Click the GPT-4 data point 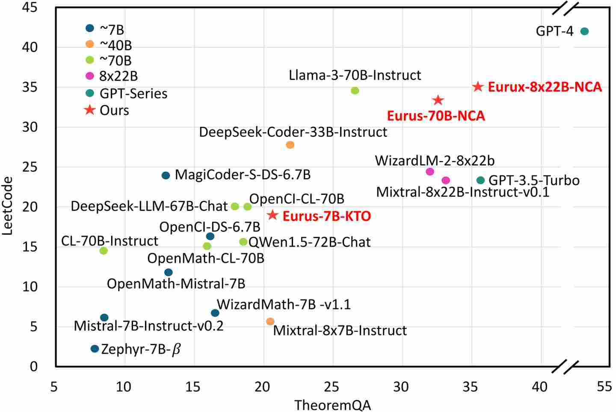[x=584, y=31]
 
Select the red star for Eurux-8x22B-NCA [x=478, y=87]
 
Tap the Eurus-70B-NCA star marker [x=438, y=101]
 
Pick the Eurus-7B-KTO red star [x=272, y=215]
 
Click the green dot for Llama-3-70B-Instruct [x=355, y=91]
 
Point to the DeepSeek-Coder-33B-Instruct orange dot [x=290, y=145]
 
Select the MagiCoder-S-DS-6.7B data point [x=166, y=175]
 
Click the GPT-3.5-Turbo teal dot [x=480, y=180]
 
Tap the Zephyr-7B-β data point [x=95, y=349]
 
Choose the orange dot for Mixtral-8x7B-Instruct [x=270, y=322]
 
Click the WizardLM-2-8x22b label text [x=435, y=161]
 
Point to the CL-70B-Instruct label [x=110, y=241]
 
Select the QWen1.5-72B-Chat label [x=309, y=242]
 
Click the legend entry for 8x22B [x=112, y=76]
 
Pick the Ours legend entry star [x=89, y=110]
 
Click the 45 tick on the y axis [x=30, y=7]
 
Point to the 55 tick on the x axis [x=604, y=387]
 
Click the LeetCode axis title [x=8, y=206]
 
